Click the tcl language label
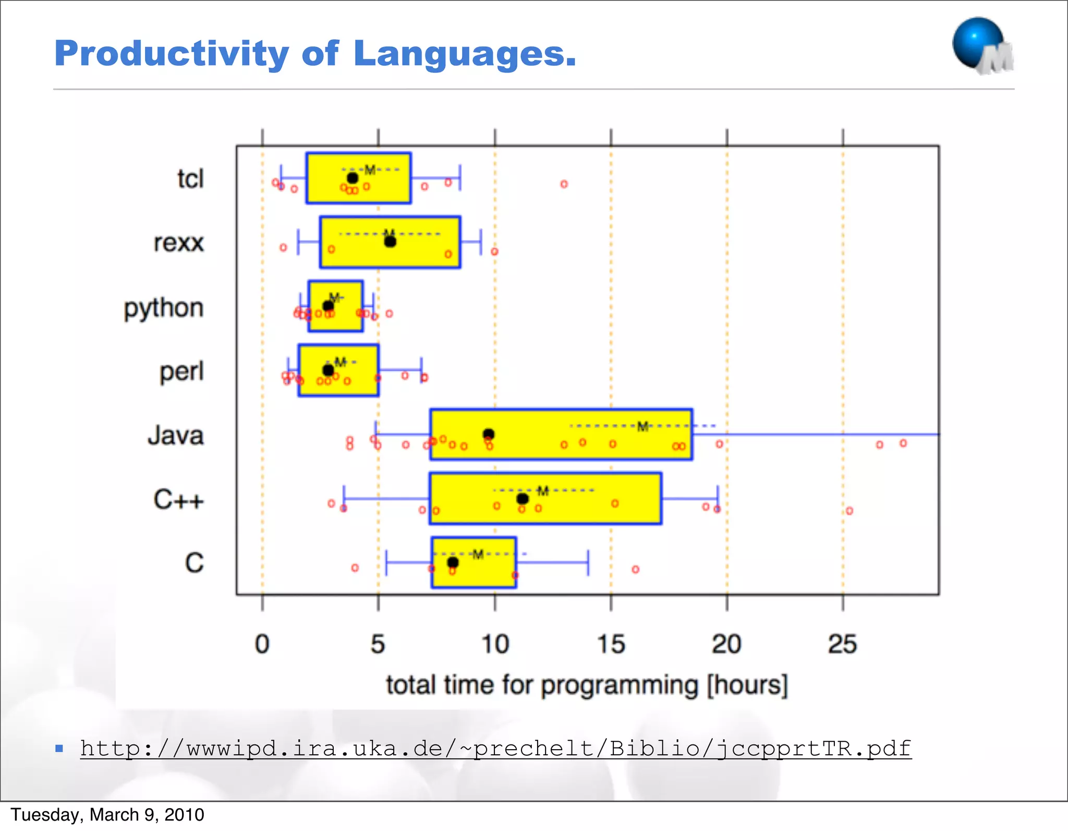tap(190, 179)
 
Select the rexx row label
tap(178, 243)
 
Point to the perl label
tap(181, 372)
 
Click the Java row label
tap(175, 436)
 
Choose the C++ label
tap(178, 500)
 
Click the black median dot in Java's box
tap(489, 434)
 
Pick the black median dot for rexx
tap(390, 242)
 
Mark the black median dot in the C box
tap(453, 562)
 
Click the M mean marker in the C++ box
tap(543, 491)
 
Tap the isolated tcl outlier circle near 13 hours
tap(564, 184)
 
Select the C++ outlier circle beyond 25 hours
tap(849, 511)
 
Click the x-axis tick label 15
tap(611, 644)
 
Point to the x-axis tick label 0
tap(262, 644)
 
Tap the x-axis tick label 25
tap(843, 644)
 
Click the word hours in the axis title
tap(747, 685)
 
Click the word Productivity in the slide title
tap(172, 54)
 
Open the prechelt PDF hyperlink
tap(495, 749)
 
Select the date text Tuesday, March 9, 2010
tap(107, 815)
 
